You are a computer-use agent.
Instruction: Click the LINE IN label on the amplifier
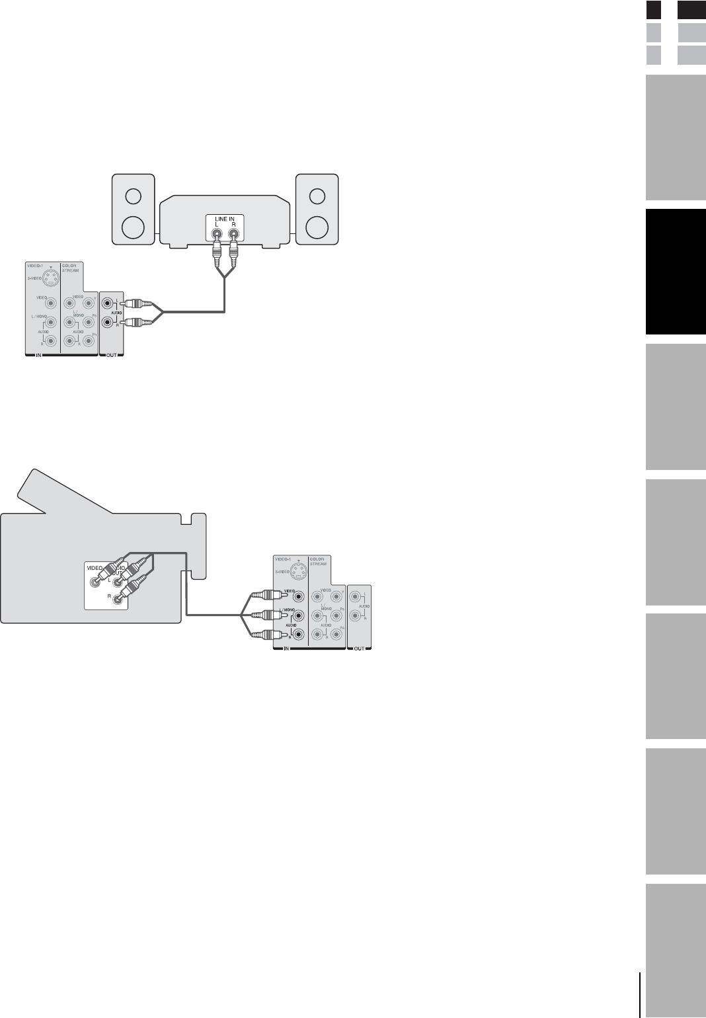[225, 219]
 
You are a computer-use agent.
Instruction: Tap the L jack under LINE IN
[216, 233]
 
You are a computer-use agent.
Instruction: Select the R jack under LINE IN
[233, 233]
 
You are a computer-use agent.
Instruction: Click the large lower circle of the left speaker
[133, 226]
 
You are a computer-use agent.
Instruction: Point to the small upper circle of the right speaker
[317, 196]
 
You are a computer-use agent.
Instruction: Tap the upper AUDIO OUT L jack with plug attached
[107, 304]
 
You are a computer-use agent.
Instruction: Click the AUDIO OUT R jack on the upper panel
[107, 324]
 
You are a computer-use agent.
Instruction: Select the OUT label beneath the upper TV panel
[111, 356]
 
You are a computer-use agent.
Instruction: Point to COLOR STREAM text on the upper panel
[71, 268]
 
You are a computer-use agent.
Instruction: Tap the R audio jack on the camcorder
[118, 599]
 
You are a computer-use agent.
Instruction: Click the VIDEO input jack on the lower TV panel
[299, 596]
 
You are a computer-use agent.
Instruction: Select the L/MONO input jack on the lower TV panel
[299, 615]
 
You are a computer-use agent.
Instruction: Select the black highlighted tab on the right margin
[676, 272]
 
